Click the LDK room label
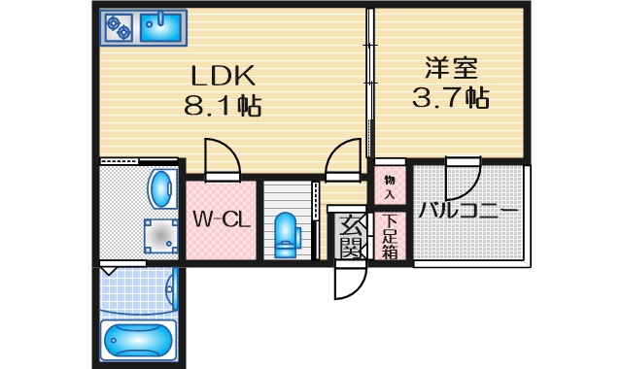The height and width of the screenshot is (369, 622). point(222,75)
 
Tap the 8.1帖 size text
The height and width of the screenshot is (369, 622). point(223,104)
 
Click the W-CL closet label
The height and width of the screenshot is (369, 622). point(221,219)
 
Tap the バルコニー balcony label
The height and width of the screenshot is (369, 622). point(468,212)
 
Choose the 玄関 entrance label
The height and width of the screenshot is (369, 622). point(349,237)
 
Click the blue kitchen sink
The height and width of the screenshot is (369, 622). point(161,27)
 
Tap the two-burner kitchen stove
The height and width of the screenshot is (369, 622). point(119,27)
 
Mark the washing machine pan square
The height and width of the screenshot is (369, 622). point(156,234)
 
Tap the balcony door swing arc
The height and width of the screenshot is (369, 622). point(461,179)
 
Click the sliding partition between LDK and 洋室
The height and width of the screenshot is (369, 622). point(369,83)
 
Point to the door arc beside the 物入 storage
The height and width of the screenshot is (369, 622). point(342,157)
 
